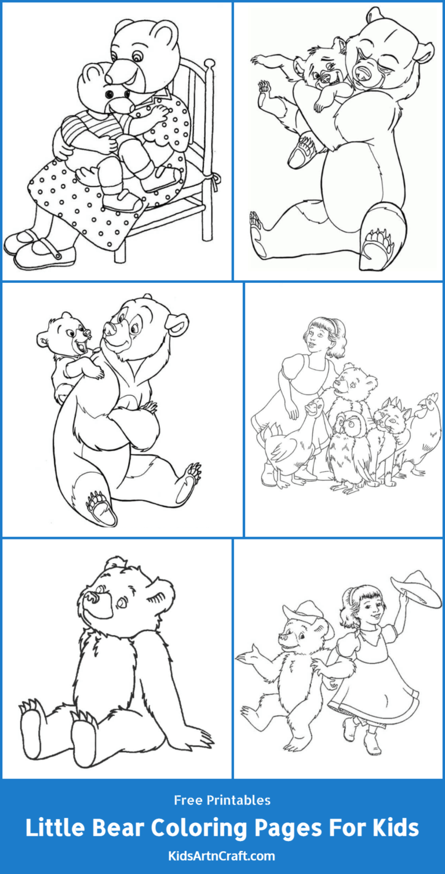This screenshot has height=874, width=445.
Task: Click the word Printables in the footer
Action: pyautogui.click(x=240, y=800)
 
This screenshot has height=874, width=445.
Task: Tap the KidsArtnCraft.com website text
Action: pyautogui.click(x=222, y=855)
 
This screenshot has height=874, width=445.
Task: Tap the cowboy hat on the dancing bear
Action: pyautogui.click(x=304, y=614)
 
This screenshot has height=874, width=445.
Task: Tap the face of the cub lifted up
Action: pyautogui.click(x=75, y=336)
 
